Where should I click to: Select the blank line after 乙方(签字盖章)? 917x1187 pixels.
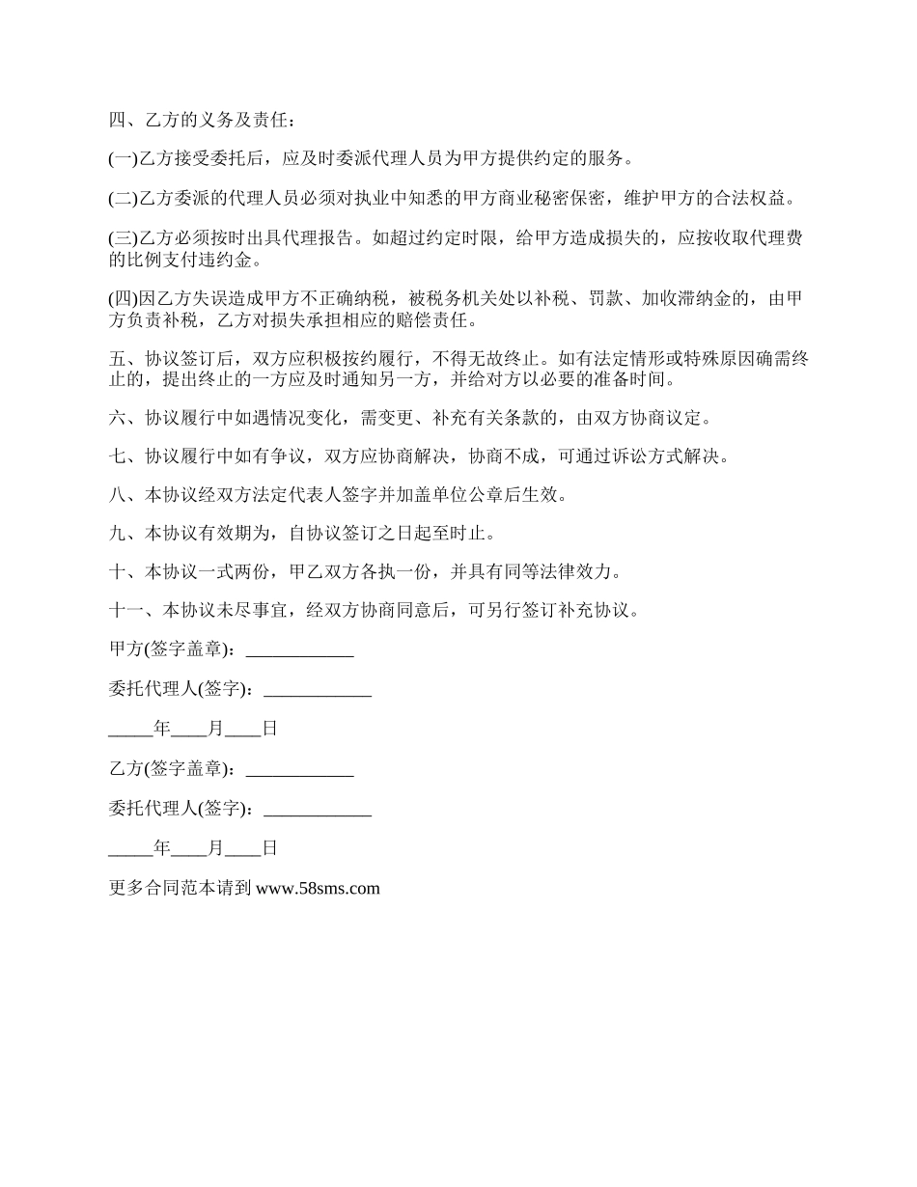tap(300, 770)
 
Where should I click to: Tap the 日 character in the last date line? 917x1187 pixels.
tap(270, 848)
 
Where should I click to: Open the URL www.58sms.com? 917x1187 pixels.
tap(319, 889)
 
